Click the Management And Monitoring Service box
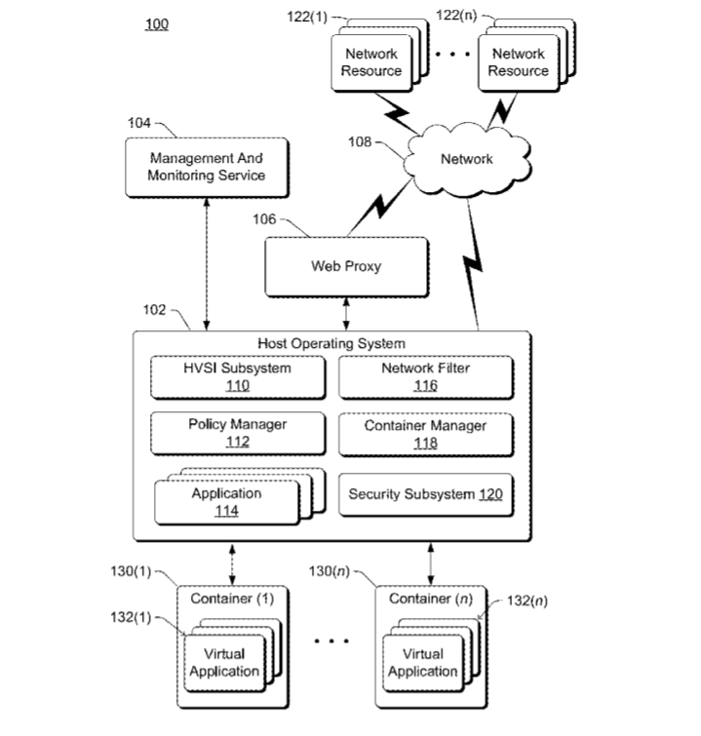[x=207, y=167]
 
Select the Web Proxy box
[x=346, y=266]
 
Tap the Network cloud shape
[x=467, y=160]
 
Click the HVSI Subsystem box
[x=238, y=377]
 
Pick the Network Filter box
[x=426, y=377]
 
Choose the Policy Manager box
[x=238, y=433]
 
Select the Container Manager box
[x=426, y=434]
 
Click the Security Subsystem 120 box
[x=426, y=495]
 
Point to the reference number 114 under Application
[x=227, y=511]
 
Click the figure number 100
[x=157, y=24]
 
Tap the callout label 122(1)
[x=307, y=17]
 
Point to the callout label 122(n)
[x=456, y=15]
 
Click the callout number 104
[x=139, y=123]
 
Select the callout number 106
[x=264, y=219]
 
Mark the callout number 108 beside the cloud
[x=360, y=141]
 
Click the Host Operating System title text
[x=331, y=343]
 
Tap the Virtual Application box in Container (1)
[x=225, y=663]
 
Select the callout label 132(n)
[x=527, y=601]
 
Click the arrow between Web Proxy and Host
[x=346, y=314]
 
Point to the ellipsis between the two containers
[x=331, y=640]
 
